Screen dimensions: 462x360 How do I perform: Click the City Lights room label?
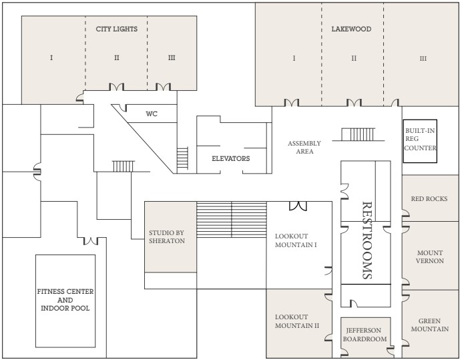click(x=116, y=29)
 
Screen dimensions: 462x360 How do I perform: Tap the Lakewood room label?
click(x=351, y=29)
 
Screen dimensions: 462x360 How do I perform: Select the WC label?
click(x=152, y=114)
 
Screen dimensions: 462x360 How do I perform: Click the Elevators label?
click(x=231, y=158)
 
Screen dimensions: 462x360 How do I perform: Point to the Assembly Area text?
click(x=304, y=148)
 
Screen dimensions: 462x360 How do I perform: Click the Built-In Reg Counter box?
click(x=420, y=141)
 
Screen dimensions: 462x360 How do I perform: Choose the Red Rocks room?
click(x=430, y=198)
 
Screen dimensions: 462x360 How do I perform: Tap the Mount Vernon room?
click(x=430, y=256)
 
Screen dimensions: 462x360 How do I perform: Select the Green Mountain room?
click(x=430, y=324)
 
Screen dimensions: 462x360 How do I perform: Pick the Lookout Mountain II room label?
click(x=297, y=321)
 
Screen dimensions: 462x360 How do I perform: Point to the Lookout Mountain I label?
click(x=296, y=240)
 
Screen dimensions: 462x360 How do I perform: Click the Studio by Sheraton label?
click(x=167, y=236)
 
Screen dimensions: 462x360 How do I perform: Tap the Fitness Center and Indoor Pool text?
click(x=65, y=300)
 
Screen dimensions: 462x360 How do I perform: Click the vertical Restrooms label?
click(x=367, y=240)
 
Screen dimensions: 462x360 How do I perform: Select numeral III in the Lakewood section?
click(x=423, y=59)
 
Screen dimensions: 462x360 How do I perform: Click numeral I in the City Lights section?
click(x=51, y=57)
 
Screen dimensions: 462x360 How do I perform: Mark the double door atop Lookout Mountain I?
click(x=298, y=206)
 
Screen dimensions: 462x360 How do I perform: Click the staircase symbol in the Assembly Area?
click(x=359, y=134)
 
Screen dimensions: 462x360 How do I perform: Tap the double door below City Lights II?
click(x=116, y=87)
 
